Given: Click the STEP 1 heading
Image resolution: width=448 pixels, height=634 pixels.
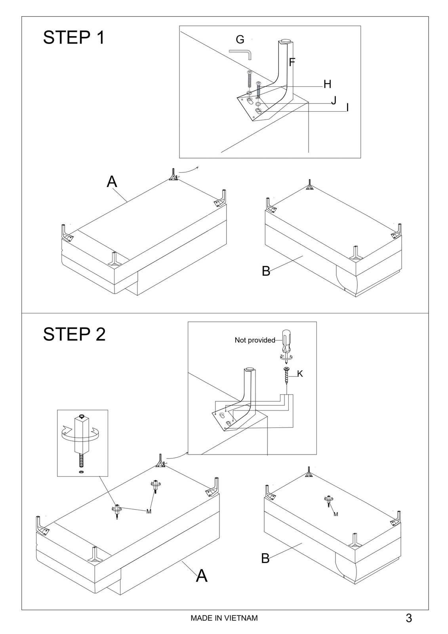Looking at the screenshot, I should (x=74, y=38).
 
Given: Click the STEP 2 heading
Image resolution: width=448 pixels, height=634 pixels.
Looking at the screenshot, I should (x=74, y=334).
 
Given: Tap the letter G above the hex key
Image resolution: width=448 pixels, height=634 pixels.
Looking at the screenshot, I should (x=240, y=40).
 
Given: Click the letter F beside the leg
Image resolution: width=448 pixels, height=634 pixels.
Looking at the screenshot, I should (x=292, y=62).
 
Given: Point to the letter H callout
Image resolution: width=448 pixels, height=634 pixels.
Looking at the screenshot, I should (x=327, y=84).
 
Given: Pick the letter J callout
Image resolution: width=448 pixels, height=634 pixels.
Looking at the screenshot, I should (x=334, y=100).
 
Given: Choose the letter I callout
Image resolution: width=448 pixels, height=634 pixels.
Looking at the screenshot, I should (x=347, y=107).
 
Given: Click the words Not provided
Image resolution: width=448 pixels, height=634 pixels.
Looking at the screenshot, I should (x=255, y=340).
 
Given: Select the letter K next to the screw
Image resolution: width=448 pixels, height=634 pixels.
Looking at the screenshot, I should (x=300, y=374).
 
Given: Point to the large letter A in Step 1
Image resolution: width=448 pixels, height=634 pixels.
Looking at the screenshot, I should (x=112, y=181).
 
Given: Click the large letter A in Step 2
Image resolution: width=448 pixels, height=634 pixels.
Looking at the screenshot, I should (x=202, y=575).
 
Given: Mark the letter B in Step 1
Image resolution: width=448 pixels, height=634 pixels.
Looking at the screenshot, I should (x=266, y=271).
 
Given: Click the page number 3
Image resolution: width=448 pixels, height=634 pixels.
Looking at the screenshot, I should (x=409, y=618).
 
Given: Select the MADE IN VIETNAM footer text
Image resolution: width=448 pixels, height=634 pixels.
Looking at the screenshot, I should (x=224, y=618).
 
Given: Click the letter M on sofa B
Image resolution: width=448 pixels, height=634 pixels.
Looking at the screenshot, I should (x=336, y=514).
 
